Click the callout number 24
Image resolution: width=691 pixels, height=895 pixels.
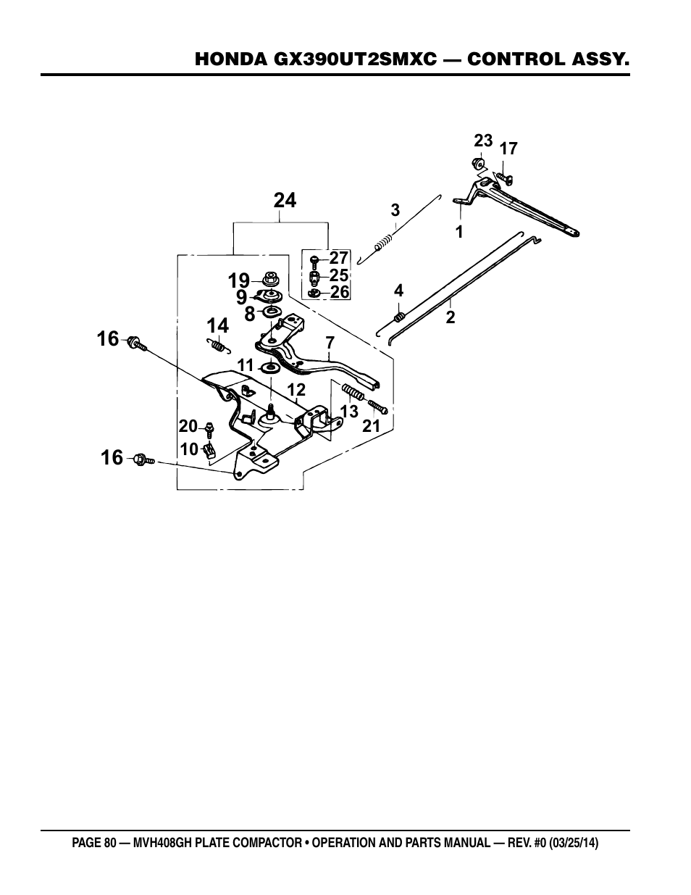coord(285,201)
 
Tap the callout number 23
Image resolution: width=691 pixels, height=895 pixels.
coord(483,141)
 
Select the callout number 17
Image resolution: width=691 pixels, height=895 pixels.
coord(508,149)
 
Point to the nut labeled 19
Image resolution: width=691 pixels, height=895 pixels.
coord(271,279)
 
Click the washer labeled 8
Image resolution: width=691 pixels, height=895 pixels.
coord(271,311)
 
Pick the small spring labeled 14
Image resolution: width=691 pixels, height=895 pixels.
coord(218,345)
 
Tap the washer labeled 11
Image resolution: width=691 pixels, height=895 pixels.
coord(271,367)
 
